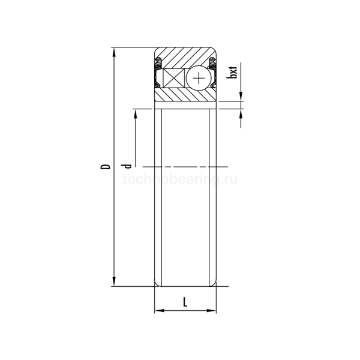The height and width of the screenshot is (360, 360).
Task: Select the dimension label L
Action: coord(185,302)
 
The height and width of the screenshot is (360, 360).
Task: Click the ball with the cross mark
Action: coord(199,79)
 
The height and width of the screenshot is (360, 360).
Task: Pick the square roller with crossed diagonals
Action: coord(173,78)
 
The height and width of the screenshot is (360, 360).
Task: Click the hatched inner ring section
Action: coord(185,95)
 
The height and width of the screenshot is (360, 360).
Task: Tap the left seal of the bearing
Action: coord(158,73)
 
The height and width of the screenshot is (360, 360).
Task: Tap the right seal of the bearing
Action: coord(212,73)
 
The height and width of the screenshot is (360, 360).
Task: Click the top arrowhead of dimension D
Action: coord(114,52)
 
